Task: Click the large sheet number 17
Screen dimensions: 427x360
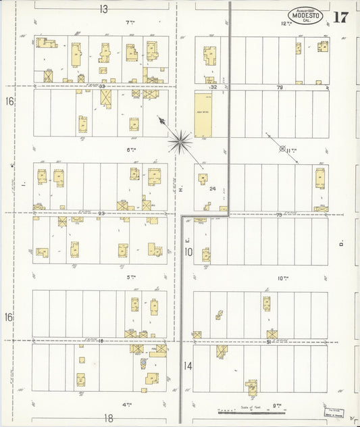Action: (x=340, y=17)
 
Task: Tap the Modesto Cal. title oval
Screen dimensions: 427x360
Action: (x=306, y=15)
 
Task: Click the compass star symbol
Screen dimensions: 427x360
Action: (x=180, y=141)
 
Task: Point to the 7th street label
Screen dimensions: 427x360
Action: (x=130, y=23)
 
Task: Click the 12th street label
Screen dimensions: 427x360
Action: (x=286, y=24)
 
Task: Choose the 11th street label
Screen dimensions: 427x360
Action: (x=292, y=150)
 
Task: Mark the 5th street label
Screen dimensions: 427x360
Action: (x=130, y=277)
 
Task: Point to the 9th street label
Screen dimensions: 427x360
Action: (x=277, y=404)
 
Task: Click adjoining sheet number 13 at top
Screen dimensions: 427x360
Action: (x=103, y=9)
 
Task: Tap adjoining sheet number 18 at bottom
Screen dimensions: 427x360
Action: (x=108, y=418)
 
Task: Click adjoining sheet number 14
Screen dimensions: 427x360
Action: (x=187, y=366)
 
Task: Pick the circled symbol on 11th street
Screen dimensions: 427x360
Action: (x=282, y=148)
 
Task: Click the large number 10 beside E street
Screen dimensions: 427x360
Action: (x=189, y=252)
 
